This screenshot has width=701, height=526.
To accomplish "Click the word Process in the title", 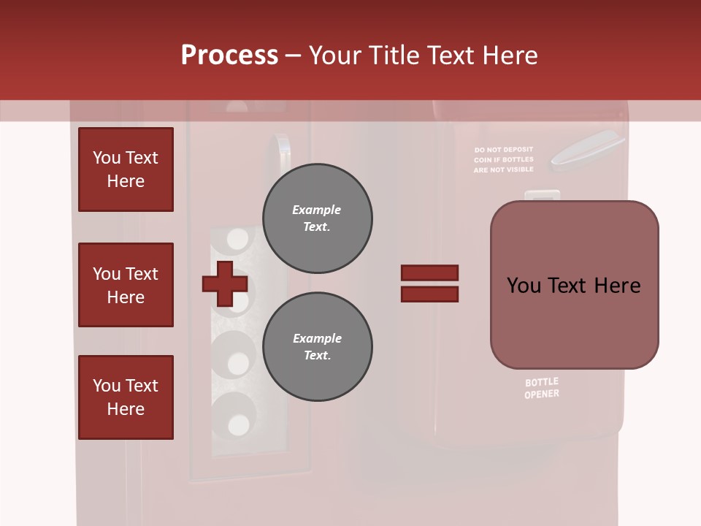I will coord(229,56).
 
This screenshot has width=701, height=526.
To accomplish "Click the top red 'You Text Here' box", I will coord(126,169).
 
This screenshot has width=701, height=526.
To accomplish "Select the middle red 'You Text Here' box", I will coord(126,285).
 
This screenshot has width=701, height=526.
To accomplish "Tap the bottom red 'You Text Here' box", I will coord(126,397).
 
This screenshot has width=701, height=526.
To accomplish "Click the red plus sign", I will coord(224,283).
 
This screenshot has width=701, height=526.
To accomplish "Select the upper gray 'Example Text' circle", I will coord(317,218).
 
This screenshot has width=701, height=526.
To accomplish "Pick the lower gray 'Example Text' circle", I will coord(317,347).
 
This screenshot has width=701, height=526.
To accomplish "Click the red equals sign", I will coord(429,283).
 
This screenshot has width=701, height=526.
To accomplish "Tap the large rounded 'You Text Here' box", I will coord(574,285).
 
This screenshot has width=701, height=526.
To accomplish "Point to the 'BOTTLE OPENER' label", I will coord(542,388).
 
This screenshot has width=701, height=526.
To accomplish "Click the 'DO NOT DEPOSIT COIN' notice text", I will coord(503,159).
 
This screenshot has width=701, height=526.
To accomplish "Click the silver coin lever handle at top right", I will coord(586,149).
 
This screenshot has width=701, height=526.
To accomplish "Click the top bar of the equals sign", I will coord(429,273).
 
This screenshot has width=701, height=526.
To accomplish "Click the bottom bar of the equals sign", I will coord(429,294).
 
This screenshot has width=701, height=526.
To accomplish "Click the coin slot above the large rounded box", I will coord(542,196).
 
